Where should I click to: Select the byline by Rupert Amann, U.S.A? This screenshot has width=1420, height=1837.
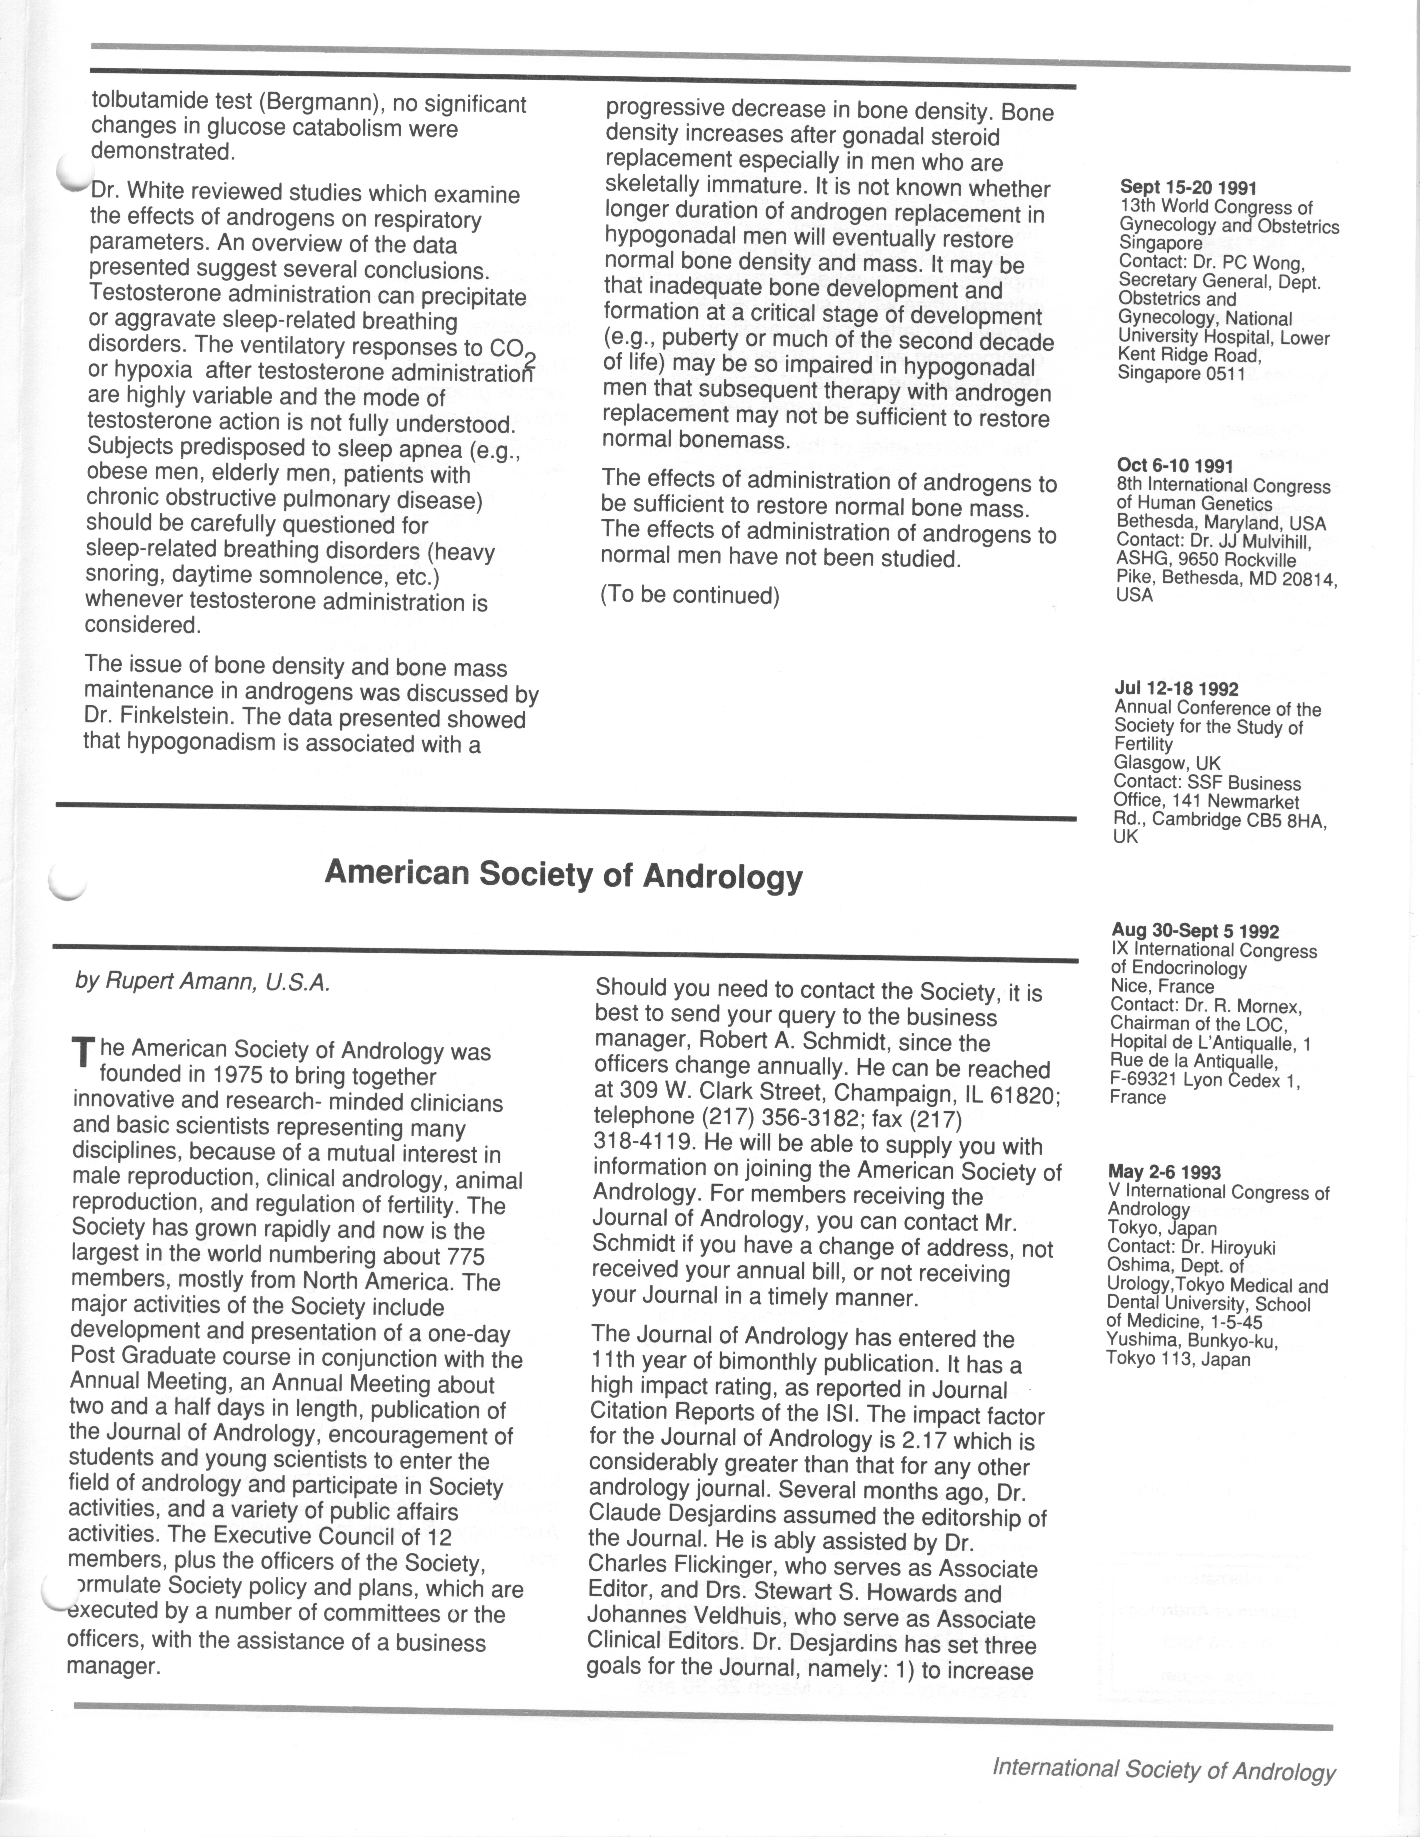pyautogui.click(x=202, y=983)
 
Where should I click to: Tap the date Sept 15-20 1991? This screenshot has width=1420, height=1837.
pyautogui.click(x=1188, y=188)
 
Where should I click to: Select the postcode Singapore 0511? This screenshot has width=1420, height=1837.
pyautogui.click(x=1181, y=374)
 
